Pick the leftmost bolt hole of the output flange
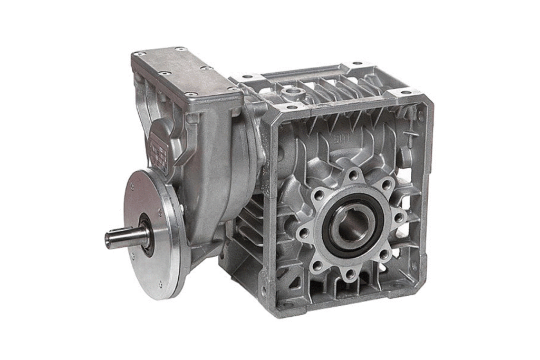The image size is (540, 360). pos(304,233)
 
